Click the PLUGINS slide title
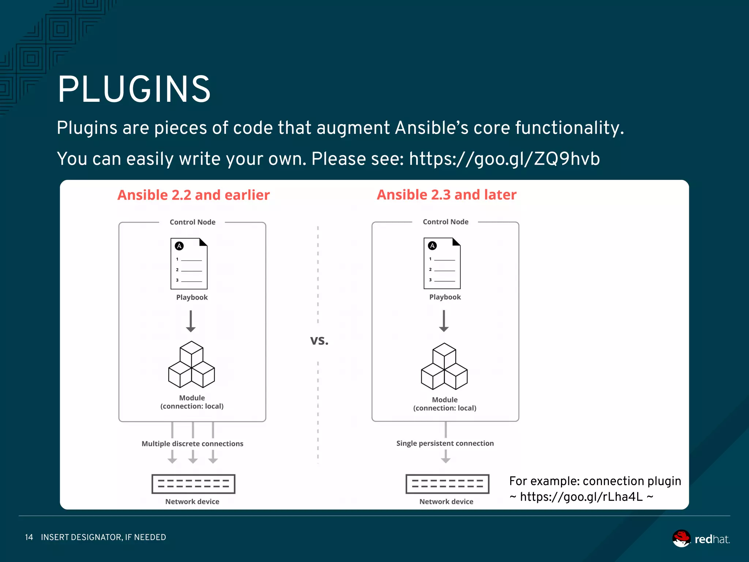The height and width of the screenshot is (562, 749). coord(134,90)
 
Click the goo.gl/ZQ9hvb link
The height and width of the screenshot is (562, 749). coord(504,159)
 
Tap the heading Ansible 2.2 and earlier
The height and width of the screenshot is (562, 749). coord(193,195)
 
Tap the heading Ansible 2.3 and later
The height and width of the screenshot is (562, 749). coord(447,195)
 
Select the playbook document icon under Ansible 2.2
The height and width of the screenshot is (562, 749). coord(189,263)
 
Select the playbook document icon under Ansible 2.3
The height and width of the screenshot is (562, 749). coord(442,263)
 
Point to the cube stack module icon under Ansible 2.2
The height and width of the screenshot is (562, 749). coord(191,365)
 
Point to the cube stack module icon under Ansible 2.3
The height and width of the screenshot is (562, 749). coord(444,366)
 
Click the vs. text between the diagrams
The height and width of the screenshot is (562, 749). coord(319,341)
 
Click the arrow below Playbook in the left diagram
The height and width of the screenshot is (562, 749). coord(191,321)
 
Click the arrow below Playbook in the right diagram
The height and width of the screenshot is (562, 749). coord(444,321)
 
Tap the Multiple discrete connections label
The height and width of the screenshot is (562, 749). coord(192,444)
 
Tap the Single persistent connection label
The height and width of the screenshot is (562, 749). coord(445,443)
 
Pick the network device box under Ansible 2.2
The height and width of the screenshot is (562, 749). coord(193,484)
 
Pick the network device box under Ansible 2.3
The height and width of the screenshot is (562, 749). coord(447,484)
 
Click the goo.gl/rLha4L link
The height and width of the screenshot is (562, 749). coord(581,497)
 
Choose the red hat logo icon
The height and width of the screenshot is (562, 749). coord(681,539)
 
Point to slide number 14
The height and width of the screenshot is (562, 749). coord(29,537)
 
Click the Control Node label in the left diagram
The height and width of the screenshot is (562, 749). coord(192,222)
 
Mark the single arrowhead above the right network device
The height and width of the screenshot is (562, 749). coord(445,459)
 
